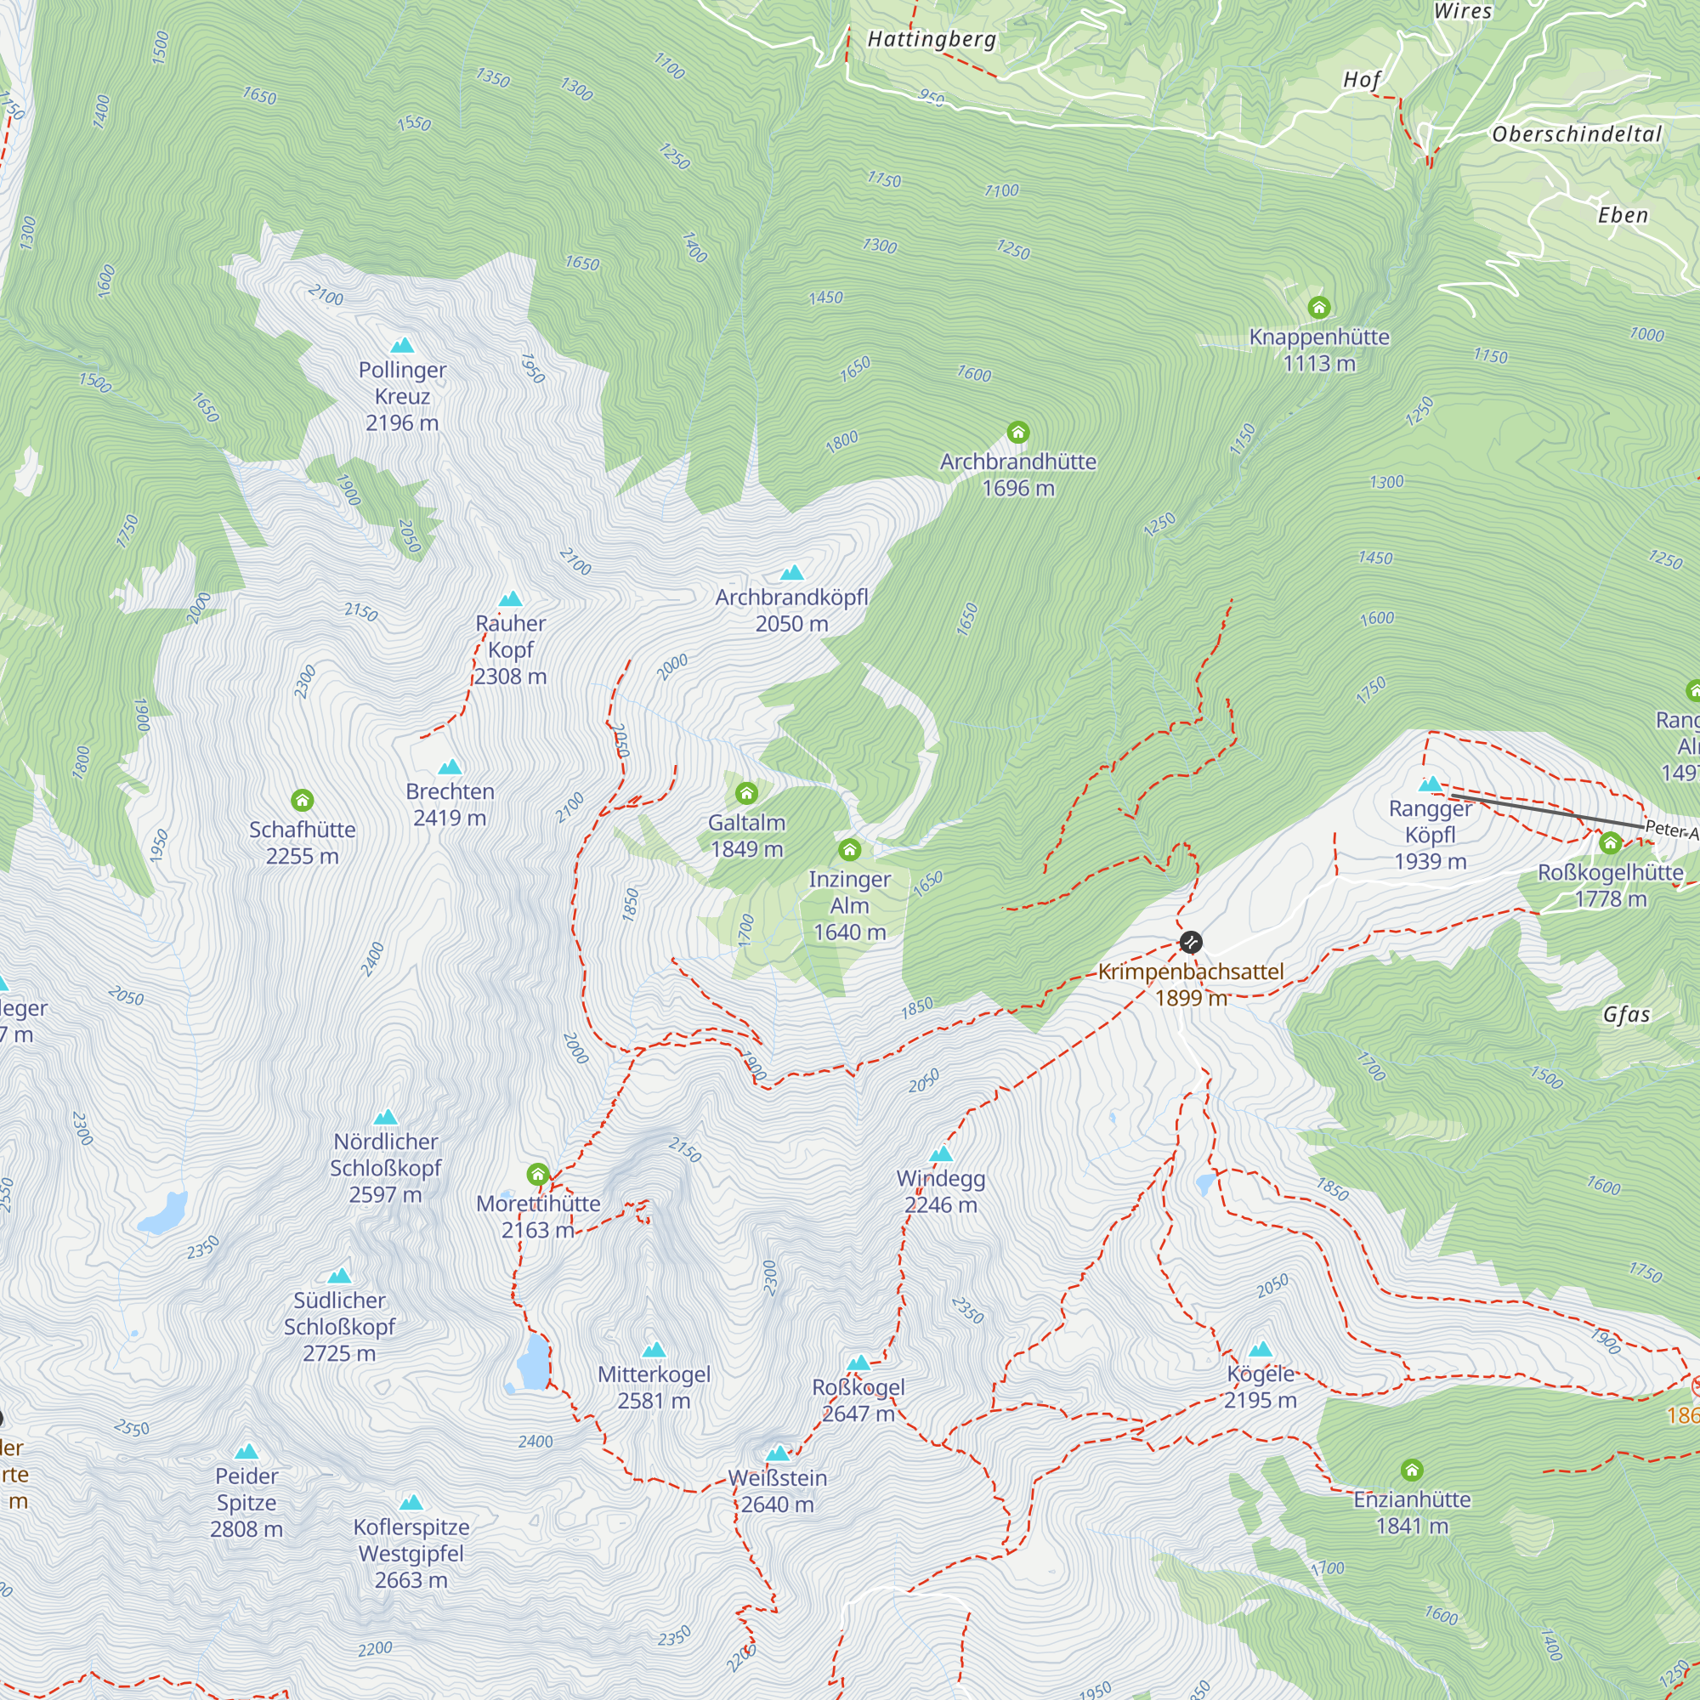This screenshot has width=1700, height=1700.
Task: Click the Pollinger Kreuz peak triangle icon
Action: pyautogui.click(x=402, y=345)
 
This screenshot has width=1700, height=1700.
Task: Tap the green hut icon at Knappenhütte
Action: pyautogui.click(x=1318, y=307)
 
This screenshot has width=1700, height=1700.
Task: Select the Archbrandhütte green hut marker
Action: pyautogui.click(x=1018, y=432)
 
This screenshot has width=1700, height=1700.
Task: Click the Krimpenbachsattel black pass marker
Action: pyautogui.click(x=1191, y=943)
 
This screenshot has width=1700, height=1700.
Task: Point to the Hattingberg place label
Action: pyautogui.click(x=932, y=40)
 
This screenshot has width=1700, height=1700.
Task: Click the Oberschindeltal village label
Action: pyautogui.click(x=1577, y=134)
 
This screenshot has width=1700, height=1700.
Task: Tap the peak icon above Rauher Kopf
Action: pyautogui.click(x=510, y=599)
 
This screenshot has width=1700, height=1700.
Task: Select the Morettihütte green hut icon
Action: pyautogui.click(x=538, y=1174)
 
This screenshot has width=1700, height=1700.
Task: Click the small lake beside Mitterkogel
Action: pyautogui.click(x=533, y=1362)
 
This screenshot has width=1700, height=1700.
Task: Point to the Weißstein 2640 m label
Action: pyautogui.click(x=777, y=1491)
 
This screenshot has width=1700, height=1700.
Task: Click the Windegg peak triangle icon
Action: pyautogui.click(x=941, y=1153)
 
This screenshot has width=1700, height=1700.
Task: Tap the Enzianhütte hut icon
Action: pyautogui.click(x=1411, y=1470)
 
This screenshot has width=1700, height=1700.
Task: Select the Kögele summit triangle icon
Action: pyautogui.click(x=1260, y=1349)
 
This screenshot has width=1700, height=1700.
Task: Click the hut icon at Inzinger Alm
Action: pyautogui.click(x=849, y=849)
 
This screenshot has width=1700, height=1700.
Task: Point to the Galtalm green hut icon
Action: pyautogui.click(x=746, y=793)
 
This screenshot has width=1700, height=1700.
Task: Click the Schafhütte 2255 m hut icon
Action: pyautogui.click(x=302, y=800)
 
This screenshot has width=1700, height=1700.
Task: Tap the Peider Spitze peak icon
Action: pyautogui.click(x=246, y=1451)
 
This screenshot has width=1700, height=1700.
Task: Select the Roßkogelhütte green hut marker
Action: pyautogui.click(x=1609, y=843)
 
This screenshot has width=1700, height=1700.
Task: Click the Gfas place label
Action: pyautogui.click(x=1626, y=1015)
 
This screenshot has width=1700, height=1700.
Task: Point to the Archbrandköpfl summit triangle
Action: pyautogui.click(x=791, y=573)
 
